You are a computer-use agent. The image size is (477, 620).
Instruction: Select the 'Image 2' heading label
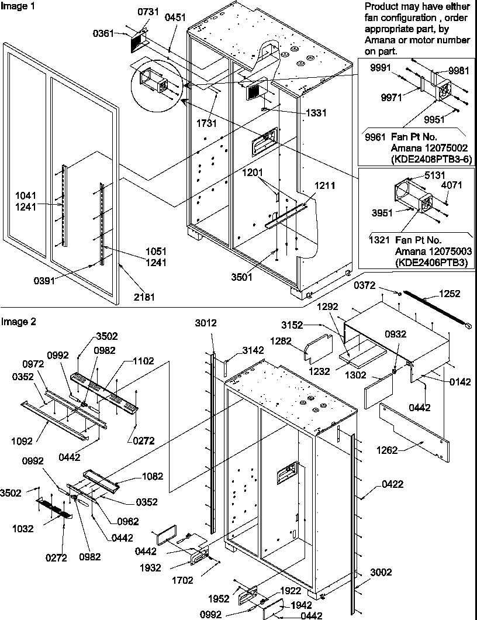pos(16,321)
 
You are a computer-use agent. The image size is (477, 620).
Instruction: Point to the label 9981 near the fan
pos(459,71)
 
